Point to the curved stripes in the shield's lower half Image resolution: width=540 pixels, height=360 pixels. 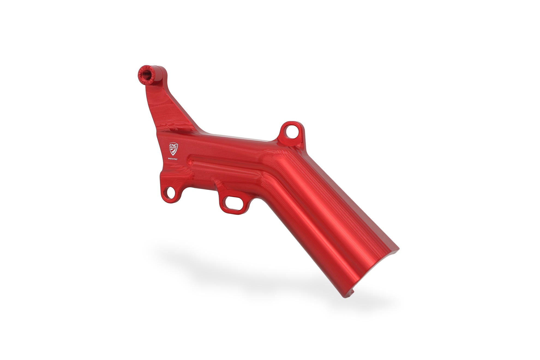click(173, 151)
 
